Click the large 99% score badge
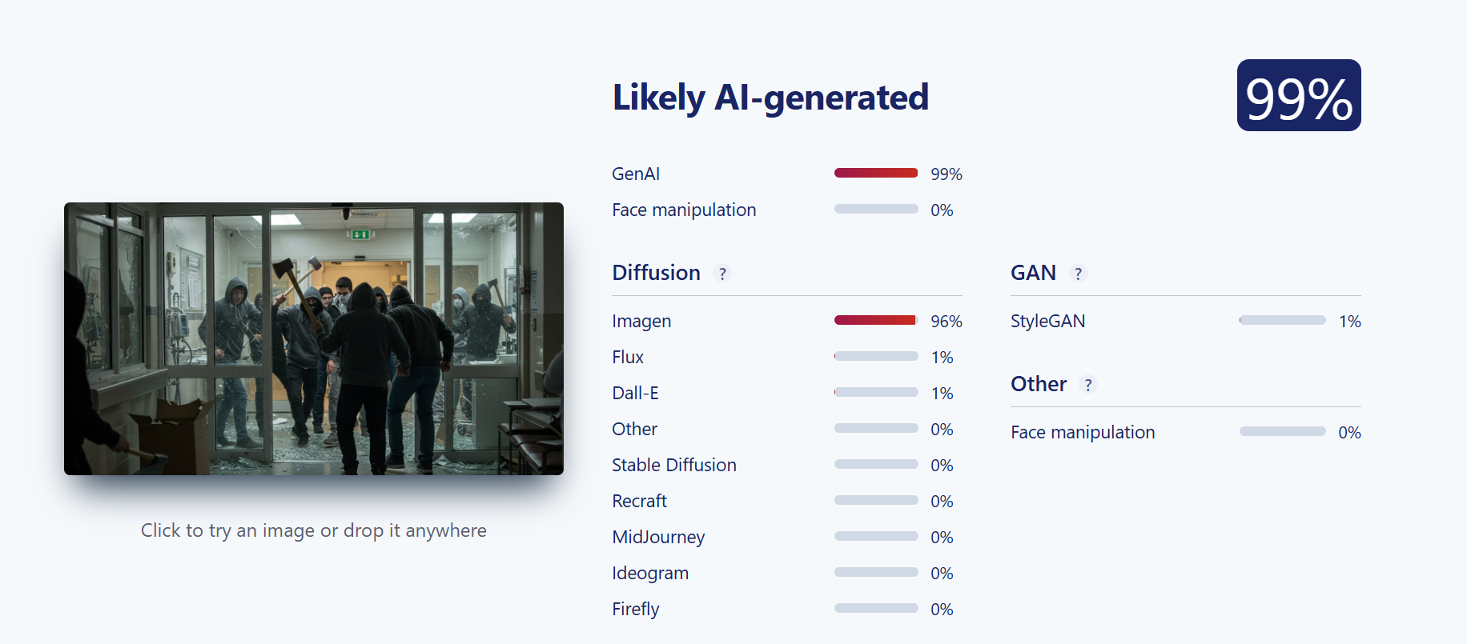coord(1299,95)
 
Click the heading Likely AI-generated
coord(770,98)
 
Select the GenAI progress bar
coord(876,173)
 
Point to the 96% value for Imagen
coord(947,321)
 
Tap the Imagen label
coord(641,321)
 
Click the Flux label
coord(628,357)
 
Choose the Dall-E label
coord(635,393)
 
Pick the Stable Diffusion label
coord(674,465)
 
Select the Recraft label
coord(639,501)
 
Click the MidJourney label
coord(658,537)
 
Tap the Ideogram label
coord(650,573)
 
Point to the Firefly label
coord(636,609)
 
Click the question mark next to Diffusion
coord(722,274)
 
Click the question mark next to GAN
coord(1079,274)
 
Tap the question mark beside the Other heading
coord(1088,385)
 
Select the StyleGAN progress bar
coord(1283,320)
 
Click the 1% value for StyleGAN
coord(1350,321)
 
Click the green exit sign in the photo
coord(360,234)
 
